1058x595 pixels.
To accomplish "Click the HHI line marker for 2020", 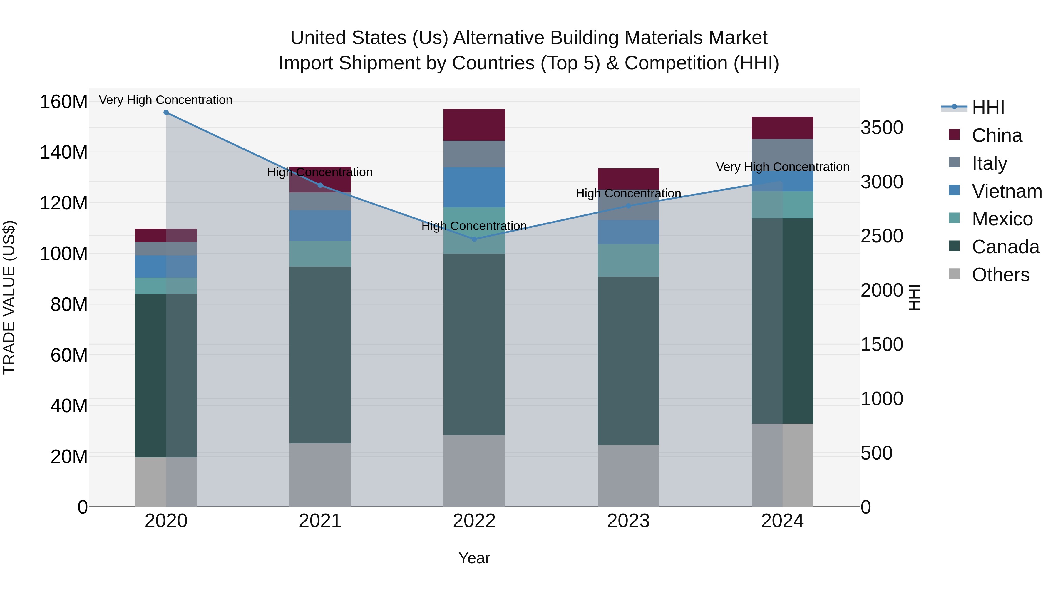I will click(x=166, y=113).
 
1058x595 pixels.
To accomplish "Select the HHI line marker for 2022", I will click(x=474, y=239).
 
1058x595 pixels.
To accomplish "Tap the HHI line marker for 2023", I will click(x=628, y=206).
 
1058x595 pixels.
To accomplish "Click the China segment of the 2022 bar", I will click(x=474, y=125).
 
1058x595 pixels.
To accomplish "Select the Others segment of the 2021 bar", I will click(x=320, y=475).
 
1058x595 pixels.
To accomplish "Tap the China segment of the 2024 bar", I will click(x=782, y=128).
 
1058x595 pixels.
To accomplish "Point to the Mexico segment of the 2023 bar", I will click(x=628, y=260).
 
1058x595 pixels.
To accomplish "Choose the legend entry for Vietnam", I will click(x=1007, y=191).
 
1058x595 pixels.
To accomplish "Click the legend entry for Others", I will click(x=1000, y=275).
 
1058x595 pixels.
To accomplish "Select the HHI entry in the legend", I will click(x=988, y=108).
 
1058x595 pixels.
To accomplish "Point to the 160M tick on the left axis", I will click(x=64, y=102).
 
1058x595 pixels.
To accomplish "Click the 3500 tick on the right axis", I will click(x=882, y=128).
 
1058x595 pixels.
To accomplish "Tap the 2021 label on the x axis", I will click(x=320, y=521).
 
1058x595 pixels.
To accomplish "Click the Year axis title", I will click(x=474, y=558).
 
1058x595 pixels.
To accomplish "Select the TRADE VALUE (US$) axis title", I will click(x=9, y=297).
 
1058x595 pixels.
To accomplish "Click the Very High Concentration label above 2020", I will click(x=165, y=100).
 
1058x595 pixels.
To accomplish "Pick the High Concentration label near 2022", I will click(x=474, y=226).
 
